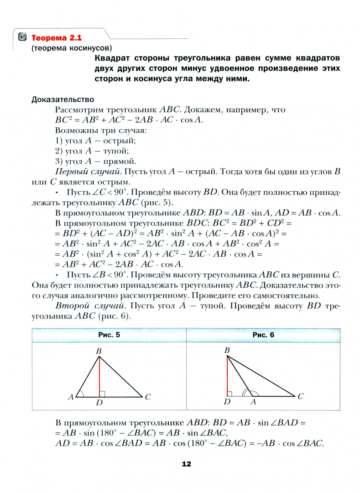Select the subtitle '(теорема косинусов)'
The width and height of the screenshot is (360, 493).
tap(72, 47)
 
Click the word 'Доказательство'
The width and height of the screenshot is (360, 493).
tap(63, 99)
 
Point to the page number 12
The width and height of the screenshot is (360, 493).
tap(186, 464)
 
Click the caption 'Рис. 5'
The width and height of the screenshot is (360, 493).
tap(109, 335)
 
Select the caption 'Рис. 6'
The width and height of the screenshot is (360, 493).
tap(263, 335)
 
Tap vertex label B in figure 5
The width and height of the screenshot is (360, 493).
tap(99, 351)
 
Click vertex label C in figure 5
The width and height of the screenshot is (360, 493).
tap(148, 397)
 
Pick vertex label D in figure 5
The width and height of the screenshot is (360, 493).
tap(99, 404)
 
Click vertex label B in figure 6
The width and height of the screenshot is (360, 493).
tap(227, 350)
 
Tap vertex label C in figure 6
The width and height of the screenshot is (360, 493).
tap(300, 397)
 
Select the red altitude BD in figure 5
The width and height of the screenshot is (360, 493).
tap(99, 377)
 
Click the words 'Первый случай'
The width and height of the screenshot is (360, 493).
tap(82, 172)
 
